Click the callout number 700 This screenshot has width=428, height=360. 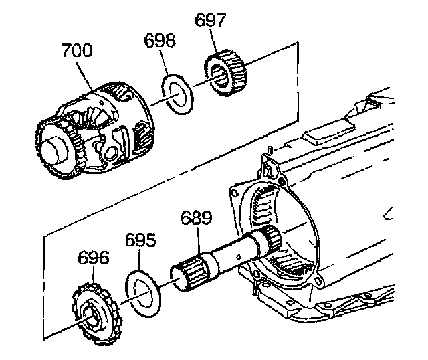[77, 51]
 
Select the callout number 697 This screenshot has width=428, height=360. [211, 21]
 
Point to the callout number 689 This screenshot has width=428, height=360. [197, 218]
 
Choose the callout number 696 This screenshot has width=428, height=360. [92, 258]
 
